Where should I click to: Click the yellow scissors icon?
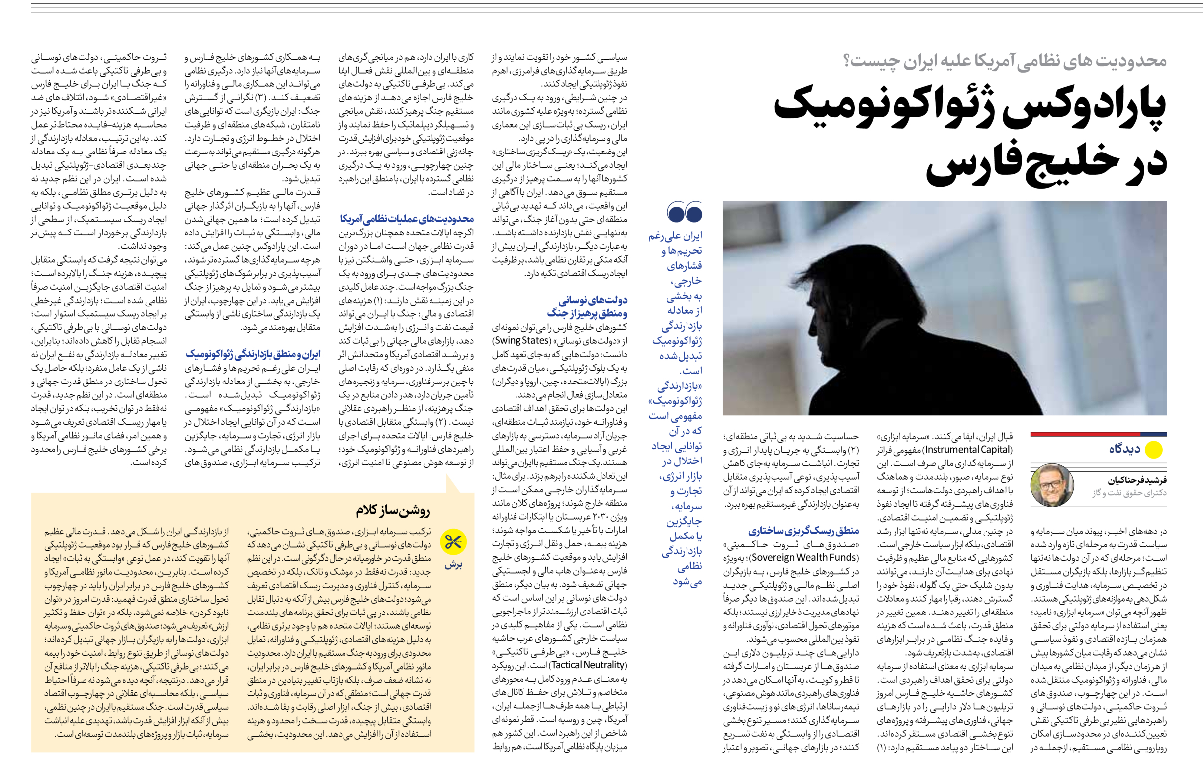(x=453, y=542)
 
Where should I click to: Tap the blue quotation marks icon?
(x=685, y=212)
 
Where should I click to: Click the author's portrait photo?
(x=1051, y=485)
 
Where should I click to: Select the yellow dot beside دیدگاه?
(x=1154, y=450)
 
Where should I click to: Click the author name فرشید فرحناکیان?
(x=1137, y=480)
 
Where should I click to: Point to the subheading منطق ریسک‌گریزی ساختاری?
(x=803, y=531)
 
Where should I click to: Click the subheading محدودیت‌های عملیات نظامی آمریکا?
(x=407, y=219)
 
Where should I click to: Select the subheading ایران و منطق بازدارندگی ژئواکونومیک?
(x=253, y=354)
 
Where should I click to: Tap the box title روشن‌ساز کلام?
(x=393, y=510)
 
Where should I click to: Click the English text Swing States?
(x=521, y=341)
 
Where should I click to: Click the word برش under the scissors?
(x=454, y=564)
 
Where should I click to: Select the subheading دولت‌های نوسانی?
(x=593, y=300)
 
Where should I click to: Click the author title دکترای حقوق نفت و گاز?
(x=1129, y=493)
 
